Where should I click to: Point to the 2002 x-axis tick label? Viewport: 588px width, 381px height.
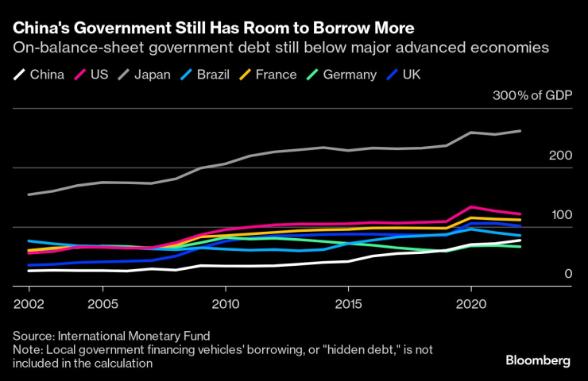point(29,304)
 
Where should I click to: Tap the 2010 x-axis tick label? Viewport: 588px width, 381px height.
point(226,304)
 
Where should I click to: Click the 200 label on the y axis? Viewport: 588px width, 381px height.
point(561,156)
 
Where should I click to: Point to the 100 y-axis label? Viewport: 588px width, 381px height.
point(561,215)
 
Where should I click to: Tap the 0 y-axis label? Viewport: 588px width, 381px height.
point(568,274)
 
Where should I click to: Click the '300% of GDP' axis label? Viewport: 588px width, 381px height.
point(532,97)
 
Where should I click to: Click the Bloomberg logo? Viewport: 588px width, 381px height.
point(538,360)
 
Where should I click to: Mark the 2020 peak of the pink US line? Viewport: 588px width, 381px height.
point(471,206)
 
